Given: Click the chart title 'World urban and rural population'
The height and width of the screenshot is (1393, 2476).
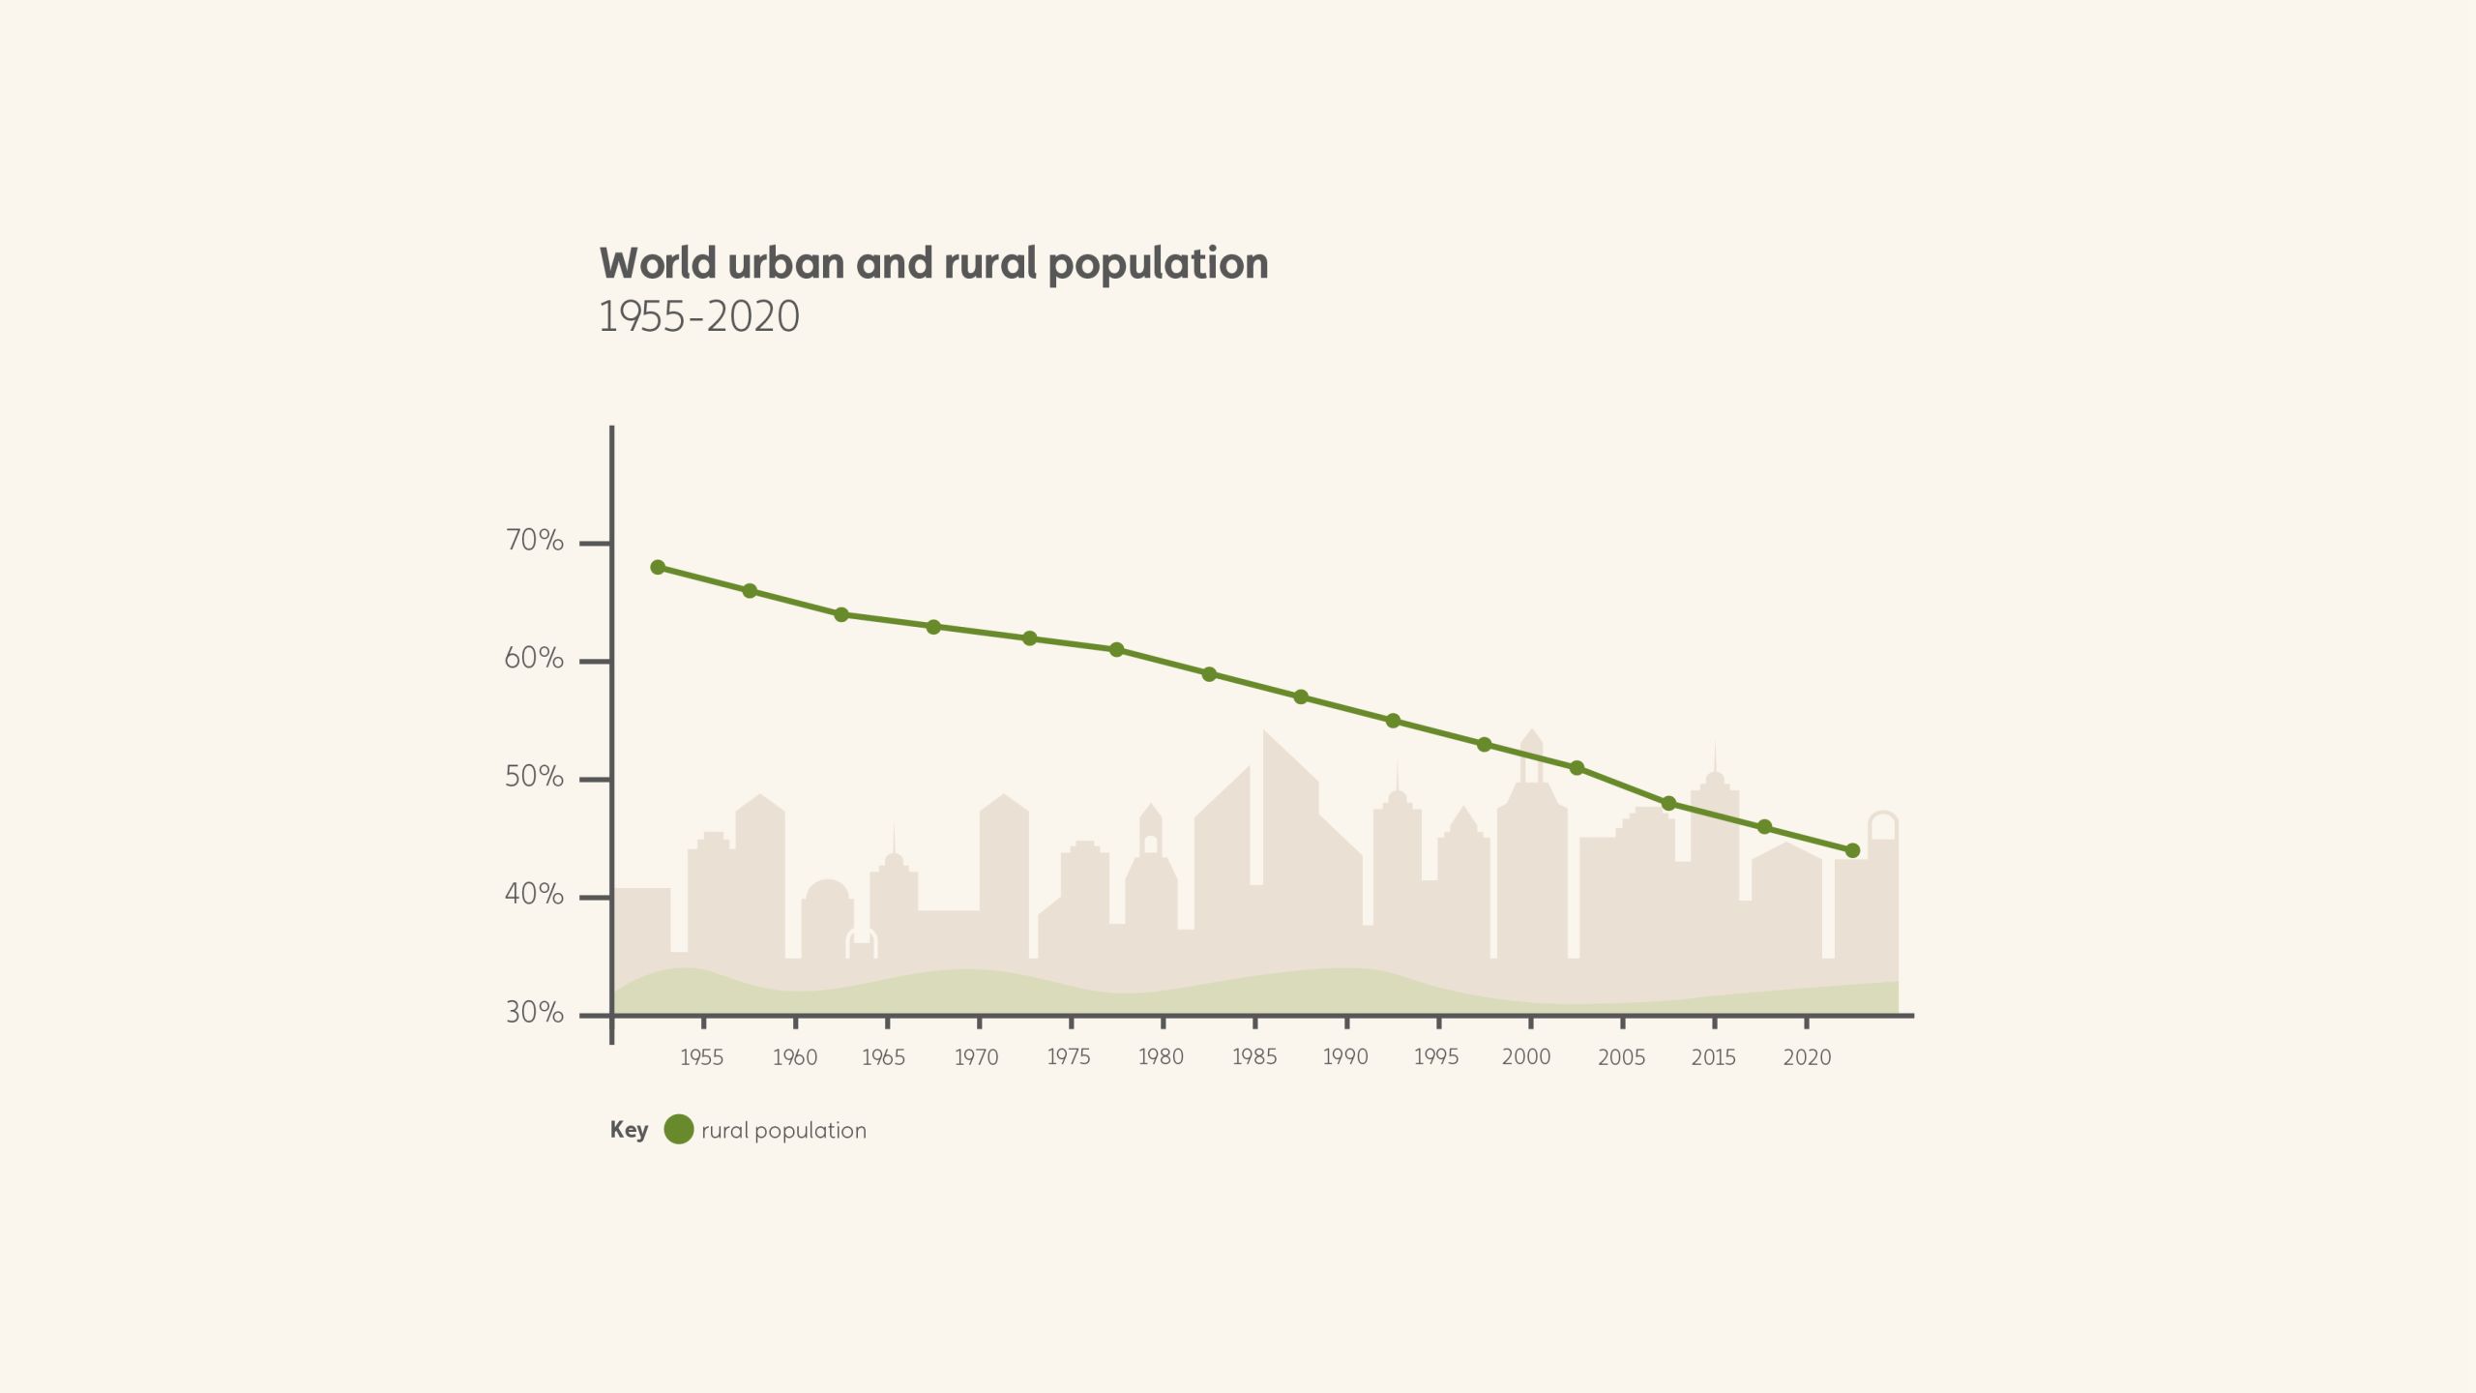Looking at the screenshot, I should (933, 264).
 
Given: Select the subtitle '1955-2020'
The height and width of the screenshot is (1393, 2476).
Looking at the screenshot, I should (699, 316).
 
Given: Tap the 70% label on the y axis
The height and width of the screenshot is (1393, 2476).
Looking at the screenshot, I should (534, 541).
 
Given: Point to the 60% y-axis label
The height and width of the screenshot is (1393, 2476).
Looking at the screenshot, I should (534, 659).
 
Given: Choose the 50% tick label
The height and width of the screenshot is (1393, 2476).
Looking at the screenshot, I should (534, 777).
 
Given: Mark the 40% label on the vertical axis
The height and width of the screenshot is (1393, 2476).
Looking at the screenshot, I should (534, 895).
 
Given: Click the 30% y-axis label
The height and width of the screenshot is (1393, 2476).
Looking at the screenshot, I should (534, 1013).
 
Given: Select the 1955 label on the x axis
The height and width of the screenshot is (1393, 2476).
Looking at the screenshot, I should (701, 1057).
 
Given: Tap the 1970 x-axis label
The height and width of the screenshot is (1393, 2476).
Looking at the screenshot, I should (976, 1057).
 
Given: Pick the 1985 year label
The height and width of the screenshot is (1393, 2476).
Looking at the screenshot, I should (1253, 1057).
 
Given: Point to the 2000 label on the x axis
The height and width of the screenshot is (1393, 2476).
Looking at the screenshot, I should (1526, 1057).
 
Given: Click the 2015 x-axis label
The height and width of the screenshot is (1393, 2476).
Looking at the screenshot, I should (1713, 1057).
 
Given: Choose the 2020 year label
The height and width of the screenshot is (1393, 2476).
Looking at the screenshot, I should (1807, 1057).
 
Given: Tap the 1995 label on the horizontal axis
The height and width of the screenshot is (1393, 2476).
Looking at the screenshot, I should (1435, 1057).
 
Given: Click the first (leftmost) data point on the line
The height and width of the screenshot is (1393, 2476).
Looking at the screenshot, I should (658, 567).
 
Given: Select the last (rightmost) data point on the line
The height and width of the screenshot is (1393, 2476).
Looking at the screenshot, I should (1852, 850).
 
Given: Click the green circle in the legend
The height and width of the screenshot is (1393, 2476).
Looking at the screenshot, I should (679, 1129).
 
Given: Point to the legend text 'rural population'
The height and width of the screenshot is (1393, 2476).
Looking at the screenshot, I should (783, 1131).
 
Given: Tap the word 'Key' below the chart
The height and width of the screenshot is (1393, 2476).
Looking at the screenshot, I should (629, 1130).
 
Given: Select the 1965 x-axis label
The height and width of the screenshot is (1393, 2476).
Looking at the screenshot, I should (883, 1057).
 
